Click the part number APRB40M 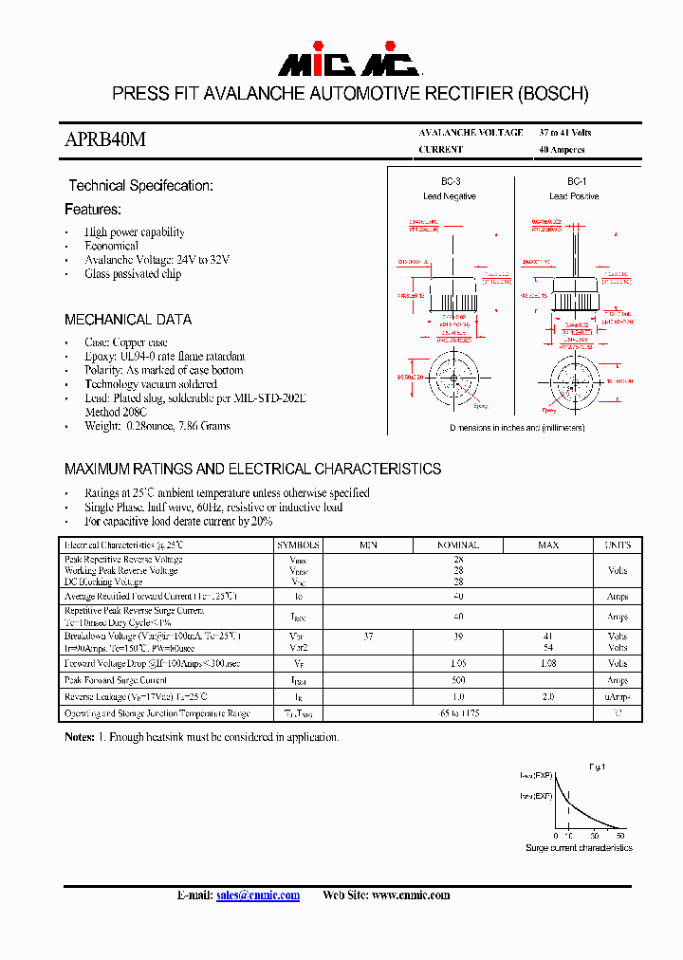(x=104, y=139)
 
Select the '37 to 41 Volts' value (x=565, y=133)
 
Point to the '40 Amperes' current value (x=562, y=150)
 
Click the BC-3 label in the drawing (x=451, y=181)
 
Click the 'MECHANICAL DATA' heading (x=128, y=320)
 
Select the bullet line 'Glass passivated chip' (x=133, y=274)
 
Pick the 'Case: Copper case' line (x=126, y=342)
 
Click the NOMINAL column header (x=457, y=545)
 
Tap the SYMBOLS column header (x=299, y=545)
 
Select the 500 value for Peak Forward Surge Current (x=458, y=681)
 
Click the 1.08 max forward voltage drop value (x=547, y=664)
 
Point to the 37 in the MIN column (x=368, y=637)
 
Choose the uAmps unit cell (x=618, y=697)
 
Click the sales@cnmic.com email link (x=257, y=895)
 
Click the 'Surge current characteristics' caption (x=579, y=847)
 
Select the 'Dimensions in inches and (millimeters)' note (x=517, y=428)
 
